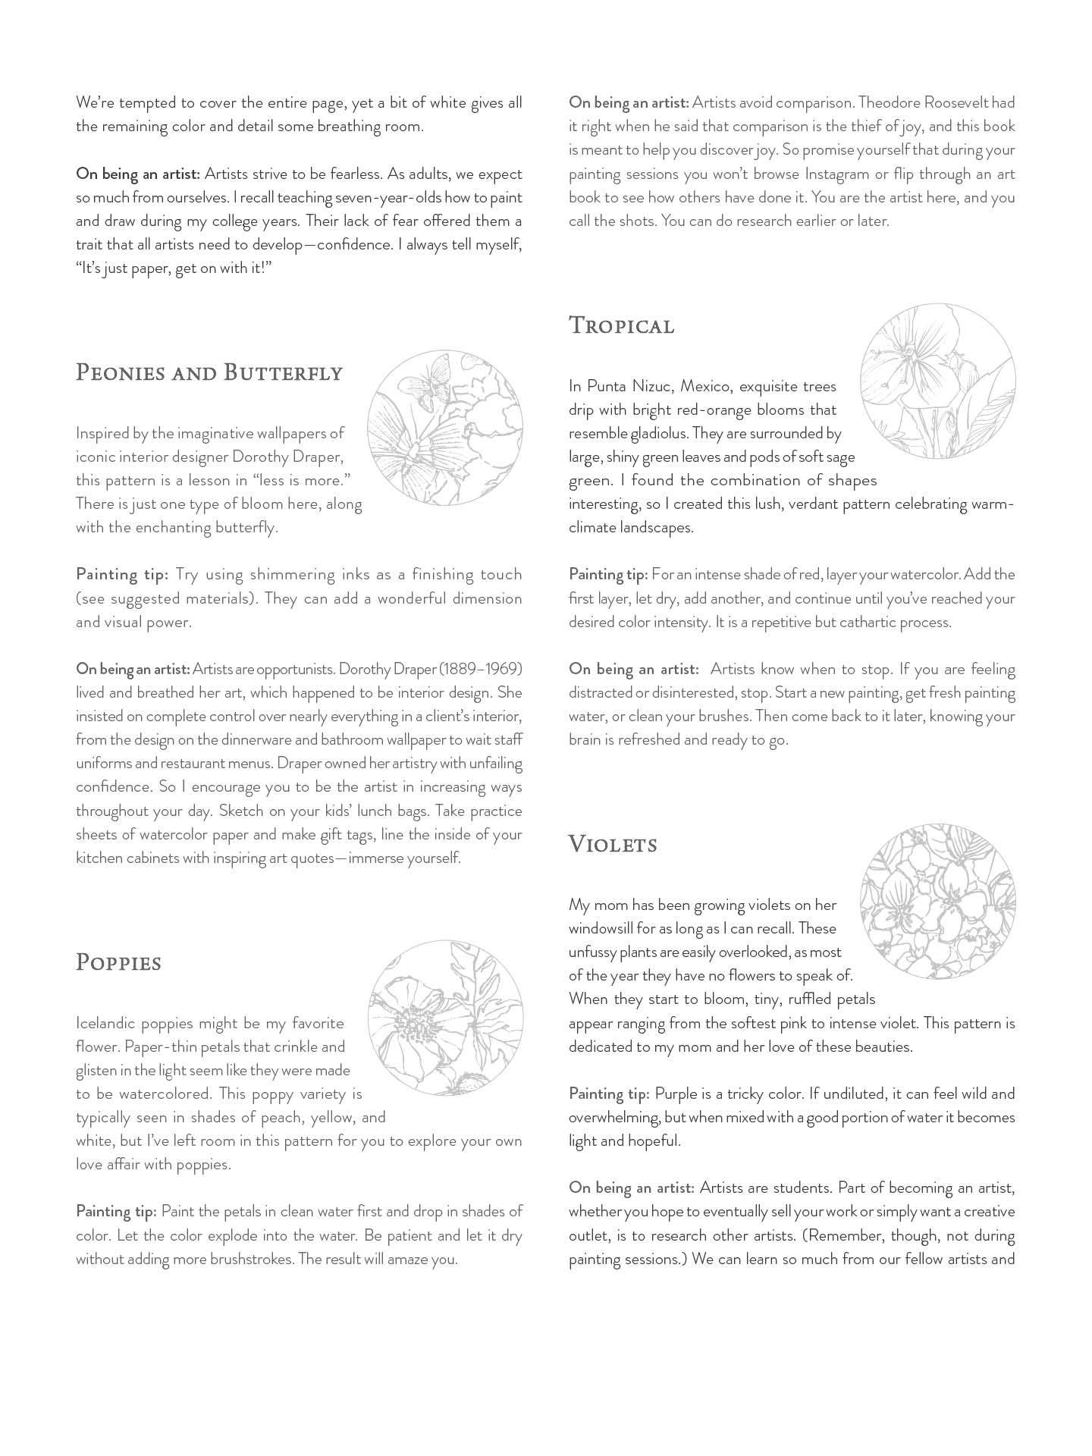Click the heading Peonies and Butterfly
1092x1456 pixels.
pos(209,373)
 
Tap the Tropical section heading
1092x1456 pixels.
pos(621,326)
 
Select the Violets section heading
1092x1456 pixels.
pos(613,844)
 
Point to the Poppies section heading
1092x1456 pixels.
pos(118,963)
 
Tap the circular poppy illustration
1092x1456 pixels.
pos(445,1018)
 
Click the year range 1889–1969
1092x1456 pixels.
pos(482,669)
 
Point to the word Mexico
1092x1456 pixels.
pos(708,386)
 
